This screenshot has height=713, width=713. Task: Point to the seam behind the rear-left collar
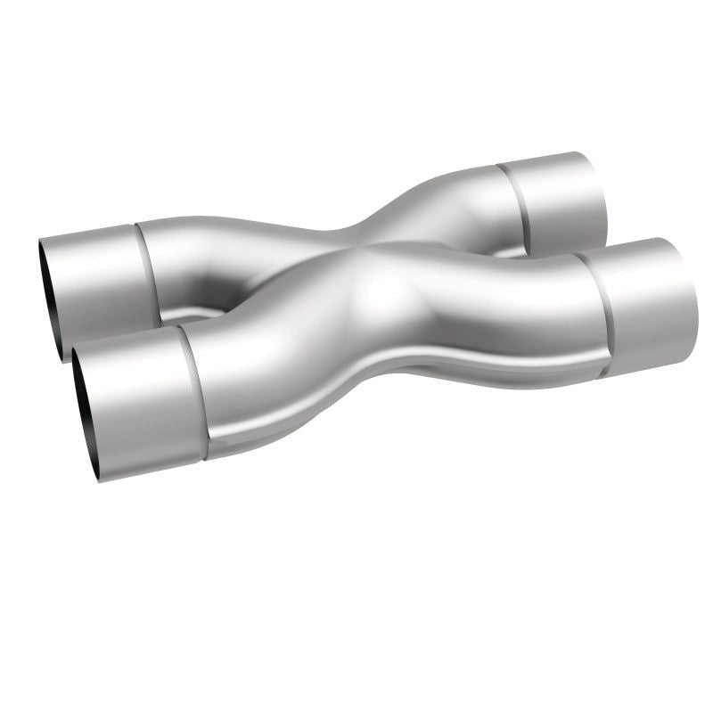[147, 267]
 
